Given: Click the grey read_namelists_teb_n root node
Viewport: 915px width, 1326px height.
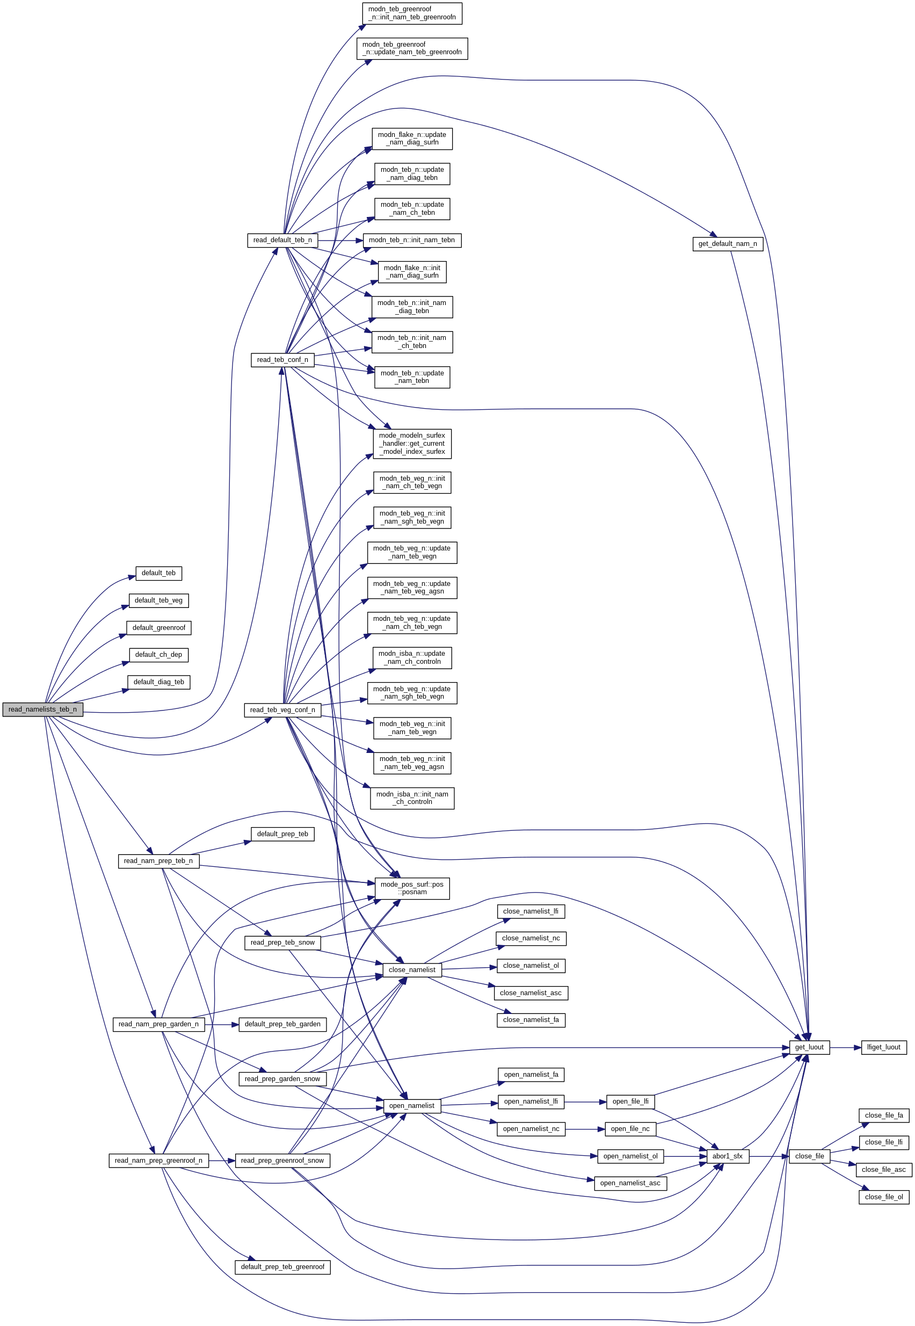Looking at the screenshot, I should (42, 709).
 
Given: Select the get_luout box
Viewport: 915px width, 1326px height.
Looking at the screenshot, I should (809, 1047).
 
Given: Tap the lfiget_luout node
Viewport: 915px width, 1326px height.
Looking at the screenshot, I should (883, 1047).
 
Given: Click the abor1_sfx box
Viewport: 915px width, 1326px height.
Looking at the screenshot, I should (727, 1156).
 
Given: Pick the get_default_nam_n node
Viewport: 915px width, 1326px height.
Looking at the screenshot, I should (728, 244).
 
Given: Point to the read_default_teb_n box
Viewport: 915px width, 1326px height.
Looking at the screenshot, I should (282, 240).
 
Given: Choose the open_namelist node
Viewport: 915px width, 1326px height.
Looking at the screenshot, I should (412, 1105).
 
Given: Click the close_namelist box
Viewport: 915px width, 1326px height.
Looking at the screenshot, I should (412, 969).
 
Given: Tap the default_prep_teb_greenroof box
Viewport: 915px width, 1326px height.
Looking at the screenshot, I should (282, 1266).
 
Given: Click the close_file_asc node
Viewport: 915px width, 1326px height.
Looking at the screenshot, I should (883, 1170).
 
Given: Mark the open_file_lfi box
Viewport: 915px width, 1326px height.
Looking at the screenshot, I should (630, 1102).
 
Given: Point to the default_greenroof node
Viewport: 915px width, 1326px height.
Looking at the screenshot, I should (159, 628).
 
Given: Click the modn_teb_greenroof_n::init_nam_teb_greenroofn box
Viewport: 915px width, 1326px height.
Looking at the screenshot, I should (412, 13).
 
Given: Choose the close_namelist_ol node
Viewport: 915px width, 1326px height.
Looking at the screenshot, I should (531, 966).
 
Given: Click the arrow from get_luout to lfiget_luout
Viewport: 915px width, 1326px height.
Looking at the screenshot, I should (845, 1047).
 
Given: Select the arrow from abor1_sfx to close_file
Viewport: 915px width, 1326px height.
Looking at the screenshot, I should (768, 1156).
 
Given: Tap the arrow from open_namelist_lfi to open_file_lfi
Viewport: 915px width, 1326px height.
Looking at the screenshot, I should (585, 1102).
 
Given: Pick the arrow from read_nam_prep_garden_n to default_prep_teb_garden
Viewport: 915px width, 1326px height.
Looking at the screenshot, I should (221, 1025).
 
